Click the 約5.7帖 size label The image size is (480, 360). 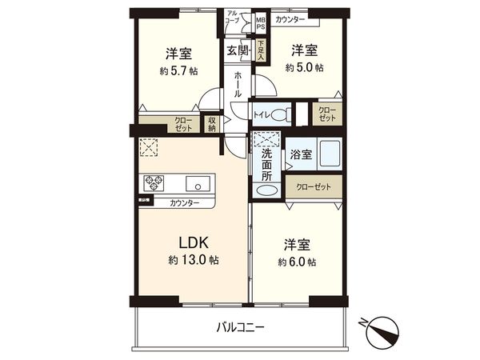pyautogui.click(x=178, y=70)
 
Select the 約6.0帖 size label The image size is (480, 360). pyautogui.click(x=296, y=262)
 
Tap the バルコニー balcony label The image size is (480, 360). pyautogui.click(x=240, y=326)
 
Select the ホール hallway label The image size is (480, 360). pyautogui.click(x=237, y=84)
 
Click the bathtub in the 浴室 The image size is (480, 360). pyautogui.click(x=330, y=152)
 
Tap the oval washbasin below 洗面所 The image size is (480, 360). pyautogui.click(x=266, y=190)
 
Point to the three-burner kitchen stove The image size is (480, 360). pyautogui.click(x=154, y=181)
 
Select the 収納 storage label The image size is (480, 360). pyautogui.click(x=212, y=124)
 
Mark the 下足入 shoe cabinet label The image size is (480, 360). pyautogui.click(x=261, y=50)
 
